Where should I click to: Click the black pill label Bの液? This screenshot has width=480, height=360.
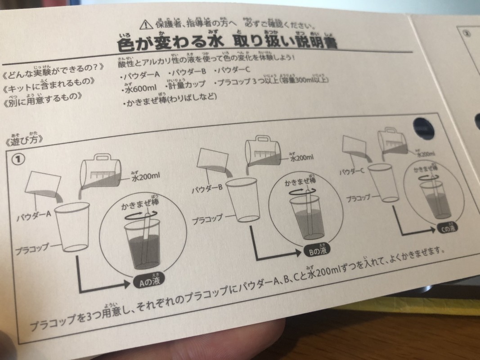click(318, 251)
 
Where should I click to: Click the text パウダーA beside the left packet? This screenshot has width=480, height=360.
click(34, 219)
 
